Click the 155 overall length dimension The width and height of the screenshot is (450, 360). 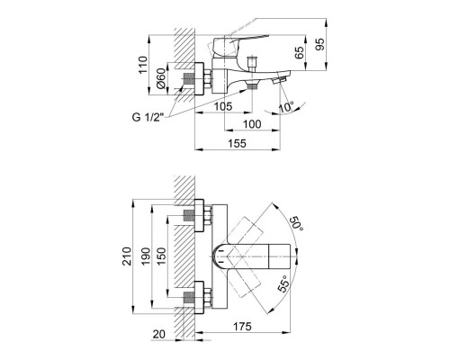tap(238, 142)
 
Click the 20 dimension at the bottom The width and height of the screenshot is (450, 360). tap(159, 334)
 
